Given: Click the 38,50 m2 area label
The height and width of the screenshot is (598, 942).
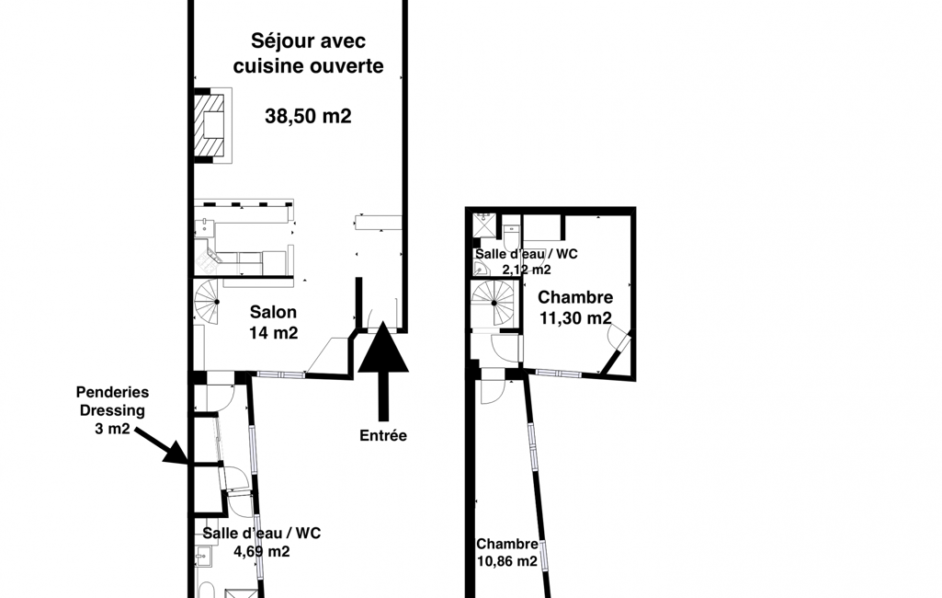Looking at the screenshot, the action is pos(308,116).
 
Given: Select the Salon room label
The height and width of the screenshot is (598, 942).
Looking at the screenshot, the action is pos(273,312).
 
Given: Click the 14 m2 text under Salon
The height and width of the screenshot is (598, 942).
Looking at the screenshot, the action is pos(273,333).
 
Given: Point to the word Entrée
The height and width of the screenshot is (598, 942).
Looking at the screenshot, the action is pos(383,435).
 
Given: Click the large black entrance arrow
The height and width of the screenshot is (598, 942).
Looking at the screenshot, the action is pos(383,371).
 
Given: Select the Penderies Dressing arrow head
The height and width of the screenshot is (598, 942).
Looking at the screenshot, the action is pos(176,453).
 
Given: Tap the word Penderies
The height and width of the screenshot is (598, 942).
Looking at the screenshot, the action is pos(112,392).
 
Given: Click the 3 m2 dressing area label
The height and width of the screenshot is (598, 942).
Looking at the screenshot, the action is pos(112,429).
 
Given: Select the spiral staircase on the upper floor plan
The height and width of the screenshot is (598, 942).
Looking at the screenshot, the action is pos(494,303).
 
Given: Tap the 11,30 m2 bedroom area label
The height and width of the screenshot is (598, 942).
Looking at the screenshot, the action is pos(575,317).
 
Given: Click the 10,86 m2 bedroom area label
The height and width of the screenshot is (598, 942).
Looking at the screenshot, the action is pos(507,561).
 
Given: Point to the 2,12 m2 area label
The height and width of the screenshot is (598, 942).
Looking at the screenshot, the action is pos(527,270).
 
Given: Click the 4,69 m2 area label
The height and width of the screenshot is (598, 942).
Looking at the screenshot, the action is pos(262,551).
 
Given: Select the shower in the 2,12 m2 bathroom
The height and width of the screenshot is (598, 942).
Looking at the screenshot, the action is pos(483,225).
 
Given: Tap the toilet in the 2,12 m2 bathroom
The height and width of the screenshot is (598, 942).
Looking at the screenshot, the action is pos(510,236).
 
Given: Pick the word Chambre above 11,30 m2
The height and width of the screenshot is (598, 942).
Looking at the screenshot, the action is pos(575,297).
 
